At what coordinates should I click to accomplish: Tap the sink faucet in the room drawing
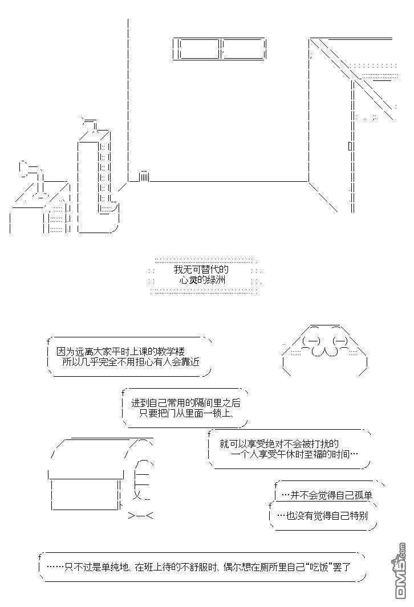(x=31, y=170)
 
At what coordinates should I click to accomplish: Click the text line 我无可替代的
(x=201, y=270)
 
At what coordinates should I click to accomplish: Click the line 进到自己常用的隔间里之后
(x=185, y=402)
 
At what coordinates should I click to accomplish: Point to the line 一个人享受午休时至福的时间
(x=295, y=454)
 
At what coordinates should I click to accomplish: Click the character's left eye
(x=313, y=341)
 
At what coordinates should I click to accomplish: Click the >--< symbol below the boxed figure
(x=141, y=516)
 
